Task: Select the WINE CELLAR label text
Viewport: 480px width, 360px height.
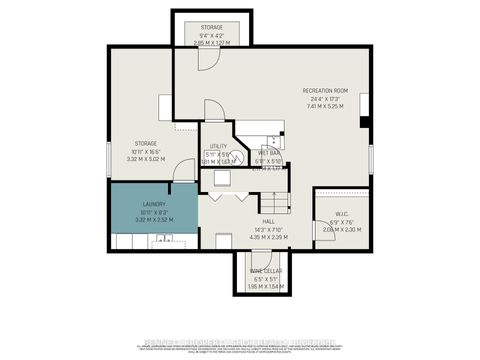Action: click(x=264, y=271)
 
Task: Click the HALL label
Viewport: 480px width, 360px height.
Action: click(x=268, y=222)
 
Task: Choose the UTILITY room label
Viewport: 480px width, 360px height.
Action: click(x=219, y=146)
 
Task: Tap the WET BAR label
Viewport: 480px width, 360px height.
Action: click(x=268, y=153)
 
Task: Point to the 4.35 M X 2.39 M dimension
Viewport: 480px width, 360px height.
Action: click(x=268, y=238)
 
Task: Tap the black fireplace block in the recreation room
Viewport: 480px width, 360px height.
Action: click(x=366, y=123)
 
